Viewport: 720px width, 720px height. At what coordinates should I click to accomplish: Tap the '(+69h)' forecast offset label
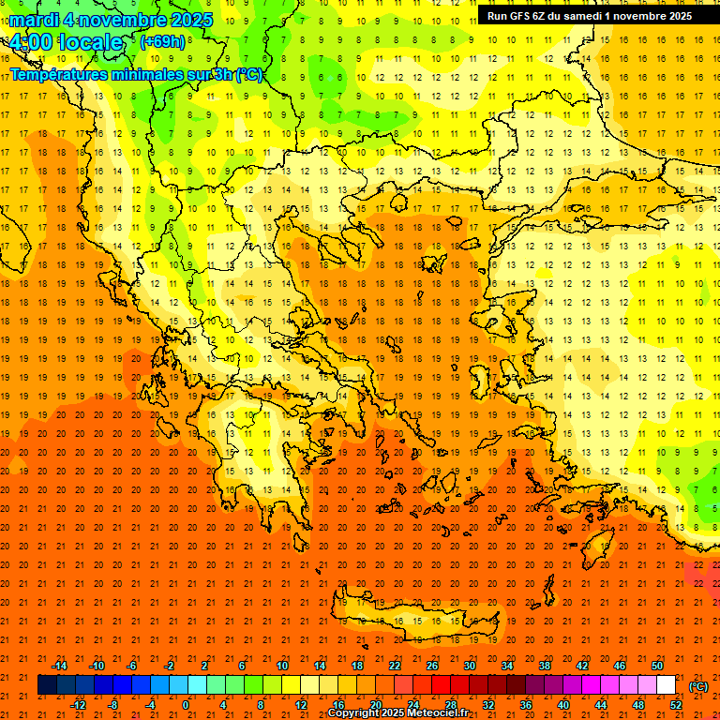coord(162,41)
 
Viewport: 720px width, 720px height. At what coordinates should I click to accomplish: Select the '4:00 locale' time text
coord(65,42)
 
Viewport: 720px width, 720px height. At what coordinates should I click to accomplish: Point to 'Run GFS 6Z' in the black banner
coord(517,16)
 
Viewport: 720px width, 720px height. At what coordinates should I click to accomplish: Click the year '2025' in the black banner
coord(674,16)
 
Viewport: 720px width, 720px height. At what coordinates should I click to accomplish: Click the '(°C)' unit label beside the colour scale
coord(698,686)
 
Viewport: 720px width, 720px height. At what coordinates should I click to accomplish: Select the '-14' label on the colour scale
coord(60,666)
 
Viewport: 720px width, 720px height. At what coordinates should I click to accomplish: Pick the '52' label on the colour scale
coord(675,705)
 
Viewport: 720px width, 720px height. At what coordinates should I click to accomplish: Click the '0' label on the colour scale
coord(187,705)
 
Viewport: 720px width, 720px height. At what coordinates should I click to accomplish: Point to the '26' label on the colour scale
coord(431,666)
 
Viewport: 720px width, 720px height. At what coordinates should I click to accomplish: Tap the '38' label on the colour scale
coord(544,666)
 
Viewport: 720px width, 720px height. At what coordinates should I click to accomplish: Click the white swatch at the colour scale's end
coord(667,685)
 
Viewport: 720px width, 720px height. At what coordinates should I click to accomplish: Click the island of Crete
coord(422,623)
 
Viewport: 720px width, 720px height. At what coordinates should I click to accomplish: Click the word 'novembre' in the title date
coord(116,20)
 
